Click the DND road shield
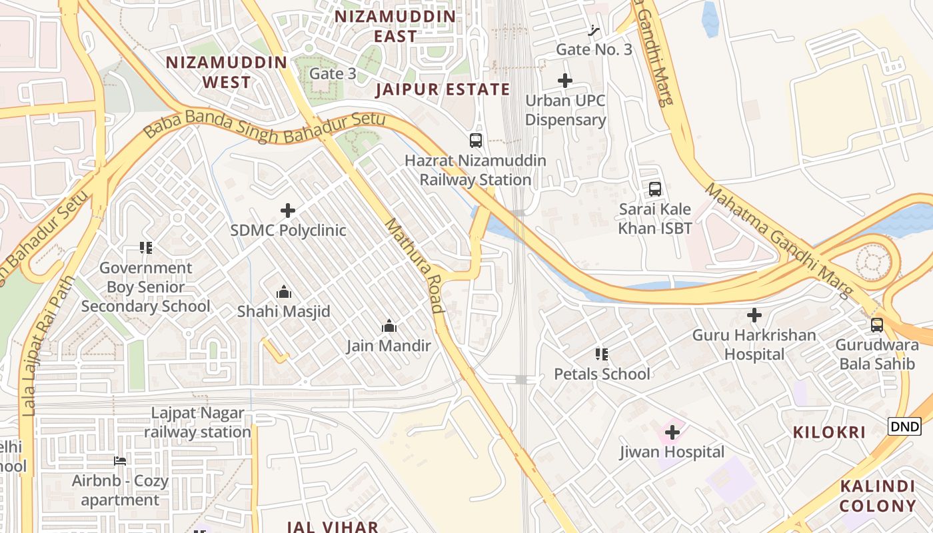pyautogui.click(x=904, y=426)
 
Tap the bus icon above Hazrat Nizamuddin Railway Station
pyautogui.click(x=476, y=141)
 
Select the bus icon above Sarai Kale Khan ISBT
pyautogui.click(x=655, y=189)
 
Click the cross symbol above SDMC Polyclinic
pyautogui.click(x=288, y=211)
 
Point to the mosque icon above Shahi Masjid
pyautogui.click(x=284, y=292)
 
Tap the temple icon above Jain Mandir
pyautogui.click(x=389, y=326)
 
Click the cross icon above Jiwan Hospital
pyautogui.click(x=672, y=432)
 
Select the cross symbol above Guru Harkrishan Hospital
pyautogui.click(x=754, y=315)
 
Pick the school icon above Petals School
pyautogui.click(x=602, y=354)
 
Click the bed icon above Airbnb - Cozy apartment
pyautogui.click(x=120, y=460)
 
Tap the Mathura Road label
pyautogui.click(x=414, y=266)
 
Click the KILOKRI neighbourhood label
pyautogui.click(x=829, y=432)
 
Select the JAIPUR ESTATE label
pyautogui.click(x=443, y=89)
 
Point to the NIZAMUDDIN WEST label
pyautogui.click(x=227, y=73)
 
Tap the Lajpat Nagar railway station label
pyautogui.click(x=198, y=422)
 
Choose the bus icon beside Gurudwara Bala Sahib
pyautogui.click(x=877, y=325)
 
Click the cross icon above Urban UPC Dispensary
pyautogui.click(x=565, y=81)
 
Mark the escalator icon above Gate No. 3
pyautogui.click(x=594, y=30)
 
